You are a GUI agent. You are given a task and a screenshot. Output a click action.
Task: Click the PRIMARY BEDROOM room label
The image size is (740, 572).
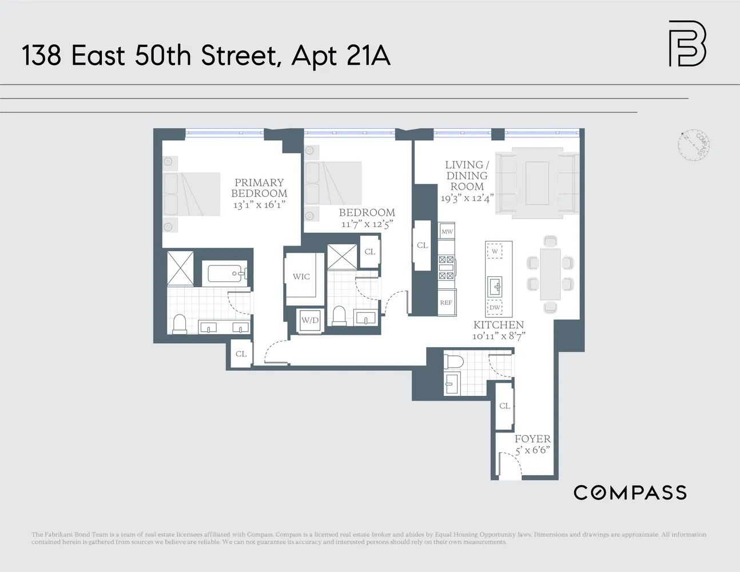coord(259,188)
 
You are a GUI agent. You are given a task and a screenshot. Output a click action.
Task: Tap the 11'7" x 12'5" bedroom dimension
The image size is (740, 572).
coord(367,224)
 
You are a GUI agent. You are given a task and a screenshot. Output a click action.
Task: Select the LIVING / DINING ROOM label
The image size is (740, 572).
coord(467,176)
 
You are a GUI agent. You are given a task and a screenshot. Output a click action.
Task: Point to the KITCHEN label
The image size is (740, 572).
coord(498,325)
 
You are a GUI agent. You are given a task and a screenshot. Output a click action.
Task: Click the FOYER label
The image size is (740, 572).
coord(532,439)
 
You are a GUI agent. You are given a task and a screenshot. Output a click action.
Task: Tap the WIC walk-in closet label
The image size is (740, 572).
coord(301,277)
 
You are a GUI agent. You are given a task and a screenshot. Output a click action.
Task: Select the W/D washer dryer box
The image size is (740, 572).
coord(310,320)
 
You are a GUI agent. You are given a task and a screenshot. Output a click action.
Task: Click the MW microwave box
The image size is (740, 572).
coord(447,232)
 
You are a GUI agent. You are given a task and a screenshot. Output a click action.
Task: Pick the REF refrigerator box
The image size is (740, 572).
coord(446,303)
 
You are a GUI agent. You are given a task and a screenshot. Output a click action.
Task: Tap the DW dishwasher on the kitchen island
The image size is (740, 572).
coord(495,308)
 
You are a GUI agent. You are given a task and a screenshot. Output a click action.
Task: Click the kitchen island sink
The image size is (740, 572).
coord(495,285)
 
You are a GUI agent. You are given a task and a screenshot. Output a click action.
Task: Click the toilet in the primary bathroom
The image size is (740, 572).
coord(180,324)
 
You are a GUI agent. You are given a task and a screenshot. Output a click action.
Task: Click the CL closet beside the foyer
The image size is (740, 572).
coord(504,406)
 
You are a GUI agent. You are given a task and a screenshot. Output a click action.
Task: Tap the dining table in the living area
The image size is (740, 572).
coord(550,274)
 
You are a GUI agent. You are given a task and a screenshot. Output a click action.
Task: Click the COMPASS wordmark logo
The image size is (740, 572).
coord(630,492)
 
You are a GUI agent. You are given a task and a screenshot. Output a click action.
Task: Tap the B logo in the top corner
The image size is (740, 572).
coord(687,43)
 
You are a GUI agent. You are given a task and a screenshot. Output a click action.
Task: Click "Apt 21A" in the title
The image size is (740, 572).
coord(341,56)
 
